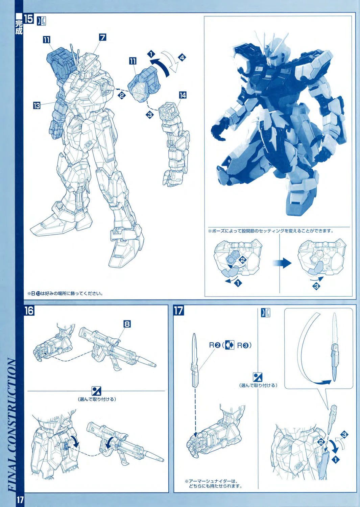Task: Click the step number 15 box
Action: click(x=28, y=19)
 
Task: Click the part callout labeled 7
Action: click(x=103, y=37)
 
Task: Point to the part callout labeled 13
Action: click(x=37, y=105)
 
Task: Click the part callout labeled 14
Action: click(x=183, y=95)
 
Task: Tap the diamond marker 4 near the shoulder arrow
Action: click(x=182, y=58)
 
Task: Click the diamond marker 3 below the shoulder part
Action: click(x=150, y=115)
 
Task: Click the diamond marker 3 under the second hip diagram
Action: click(x=316, y=286)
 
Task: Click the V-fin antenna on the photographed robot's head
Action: click(x=272, y=42)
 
